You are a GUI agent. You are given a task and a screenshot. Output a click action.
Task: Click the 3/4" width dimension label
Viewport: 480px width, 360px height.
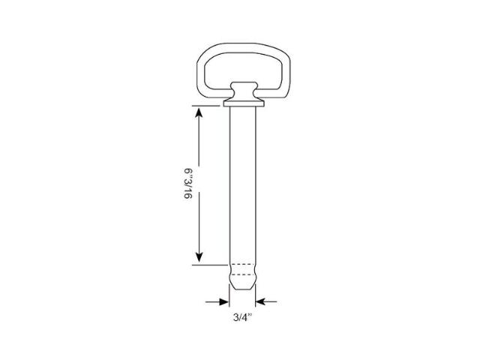pyautogui.click(x=241, y=317)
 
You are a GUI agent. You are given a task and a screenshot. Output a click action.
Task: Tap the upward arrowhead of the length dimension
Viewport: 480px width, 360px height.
pyautogui.click(x=199, y=113)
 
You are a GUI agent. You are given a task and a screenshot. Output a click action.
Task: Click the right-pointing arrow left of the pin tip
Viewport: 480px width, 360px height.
pyautogui.click(x=223, y=301)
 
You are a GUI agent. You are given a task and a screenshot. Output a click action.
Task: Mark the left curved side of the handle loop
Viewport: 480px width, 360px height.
pyautogui.click(x=202, y=75)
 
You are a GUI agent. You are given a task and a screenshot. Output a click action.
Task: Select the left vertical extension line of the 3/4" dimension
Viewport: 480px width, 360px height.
pyautogui.click(x=229, y=300)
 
